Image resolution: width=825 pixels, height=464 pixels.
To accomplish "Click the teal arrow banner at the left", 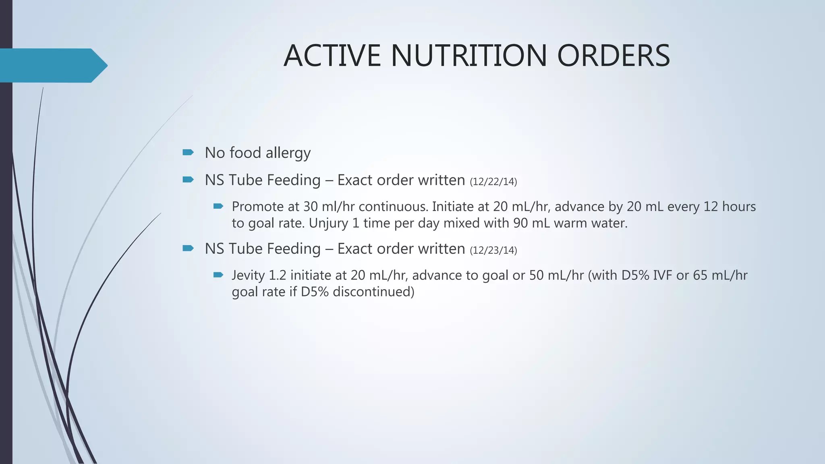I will (x=52, y=65).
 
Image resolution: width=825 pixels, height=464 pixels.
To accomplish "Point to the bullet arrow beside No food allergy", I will (x=188, y=152).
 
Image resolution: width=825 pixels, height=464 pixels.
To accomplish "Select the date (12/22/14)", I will (x=493, y=182).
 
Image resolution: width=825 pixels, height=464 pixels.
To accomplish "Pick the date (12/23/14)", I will (x=493, y=251).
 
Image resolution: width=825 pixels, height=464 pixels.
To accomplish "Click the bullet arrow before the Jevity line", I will (x=218, y=275).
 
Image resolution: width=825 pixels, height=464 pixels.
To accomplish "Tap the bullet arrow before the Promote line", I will (x=218, y=206).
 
